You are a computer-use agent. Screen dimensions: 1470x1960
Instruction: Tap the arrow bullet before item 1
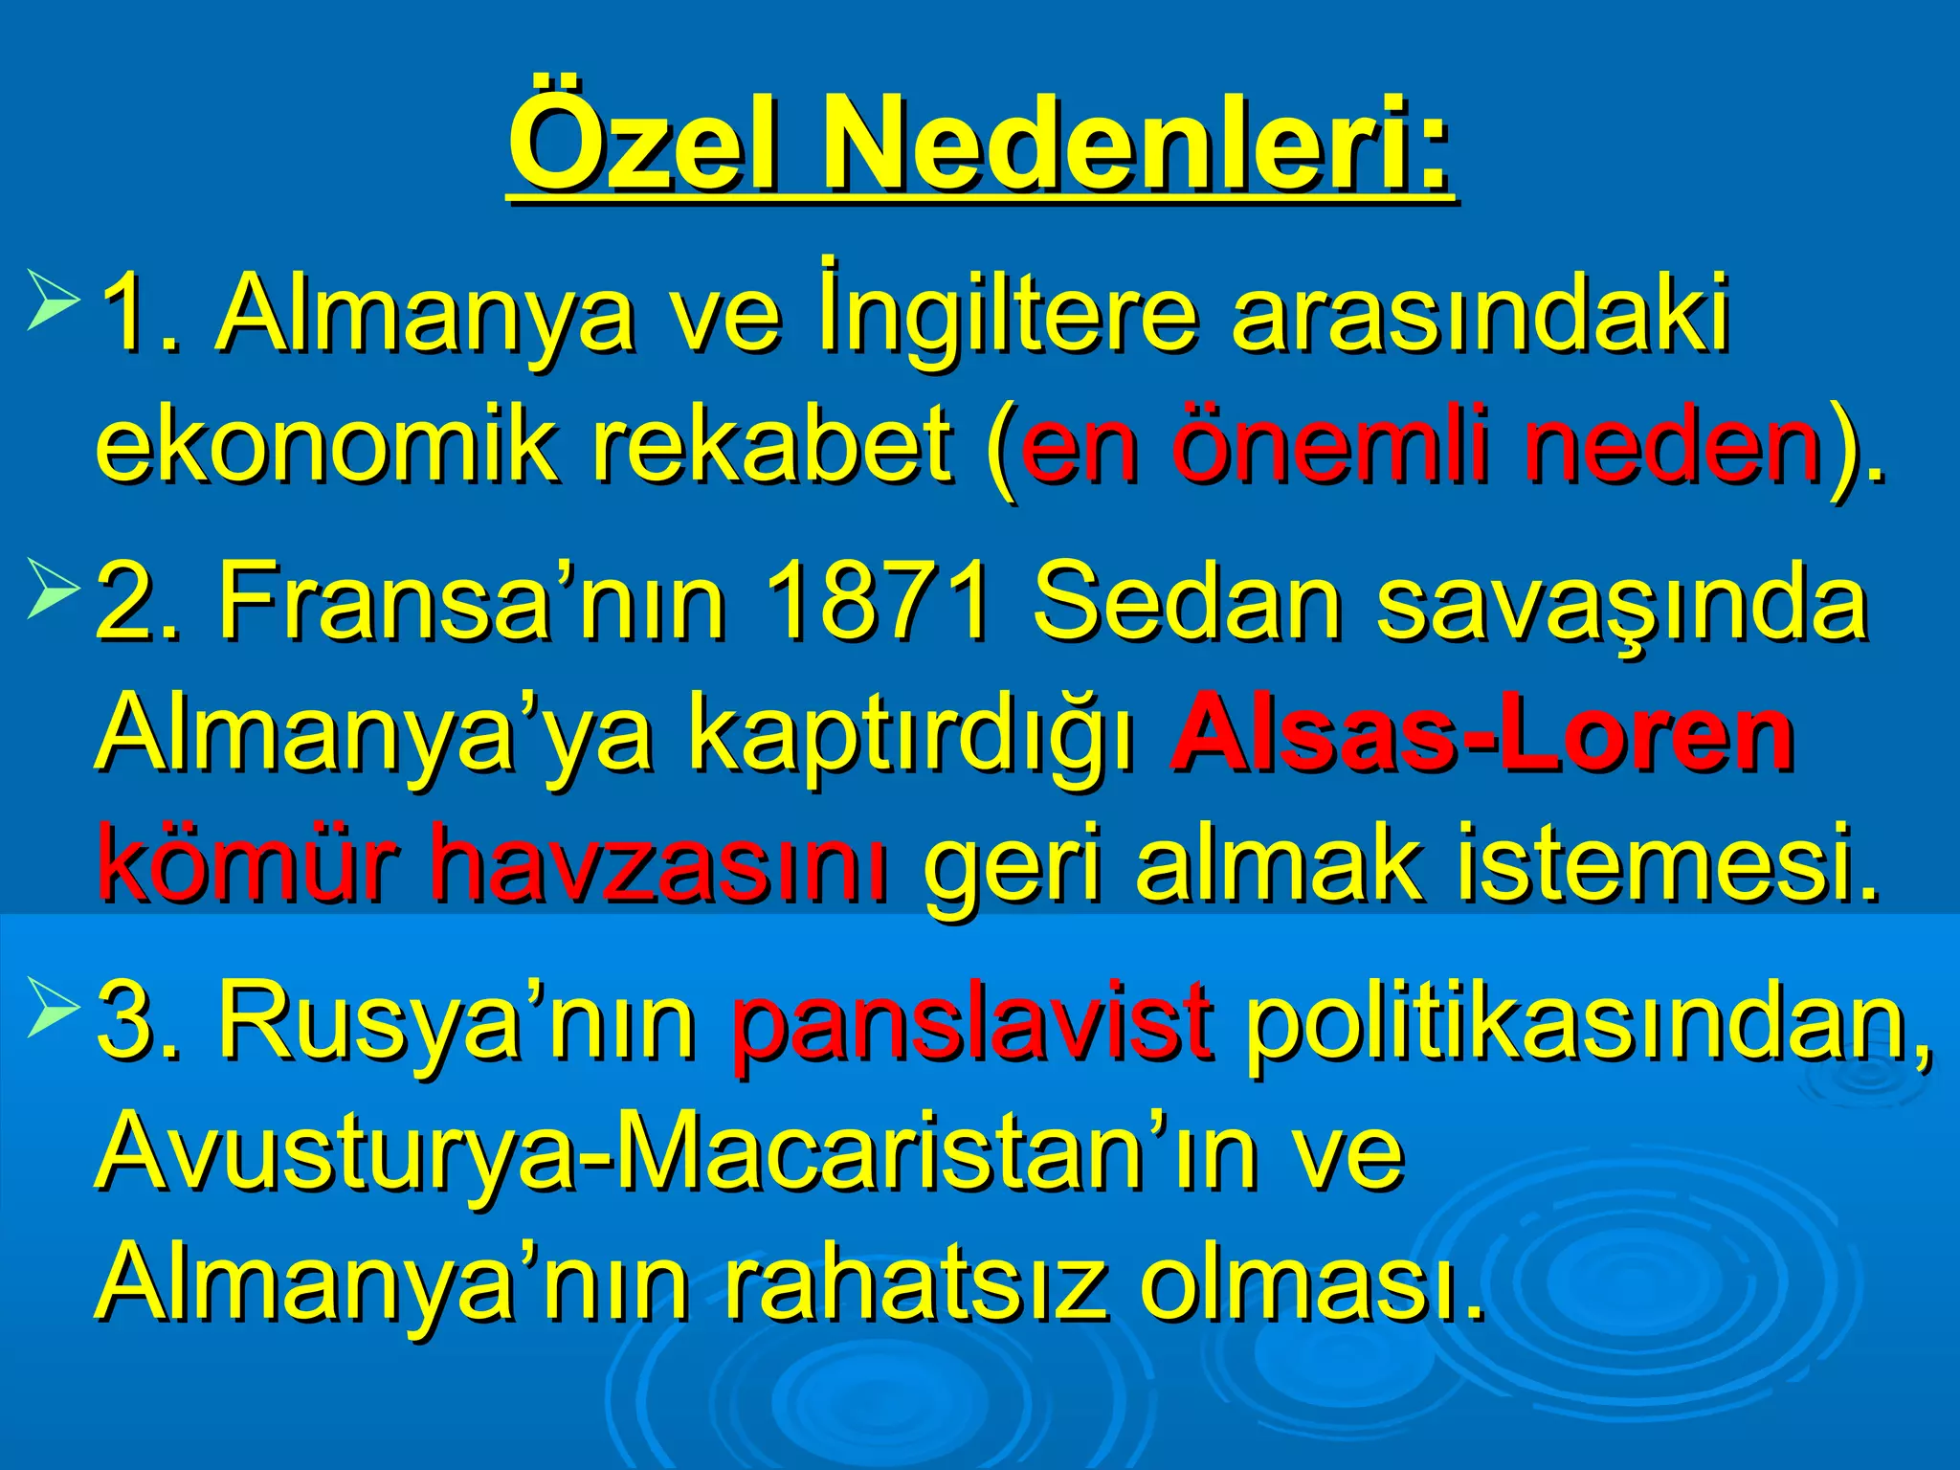click(x=53, y=301)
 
